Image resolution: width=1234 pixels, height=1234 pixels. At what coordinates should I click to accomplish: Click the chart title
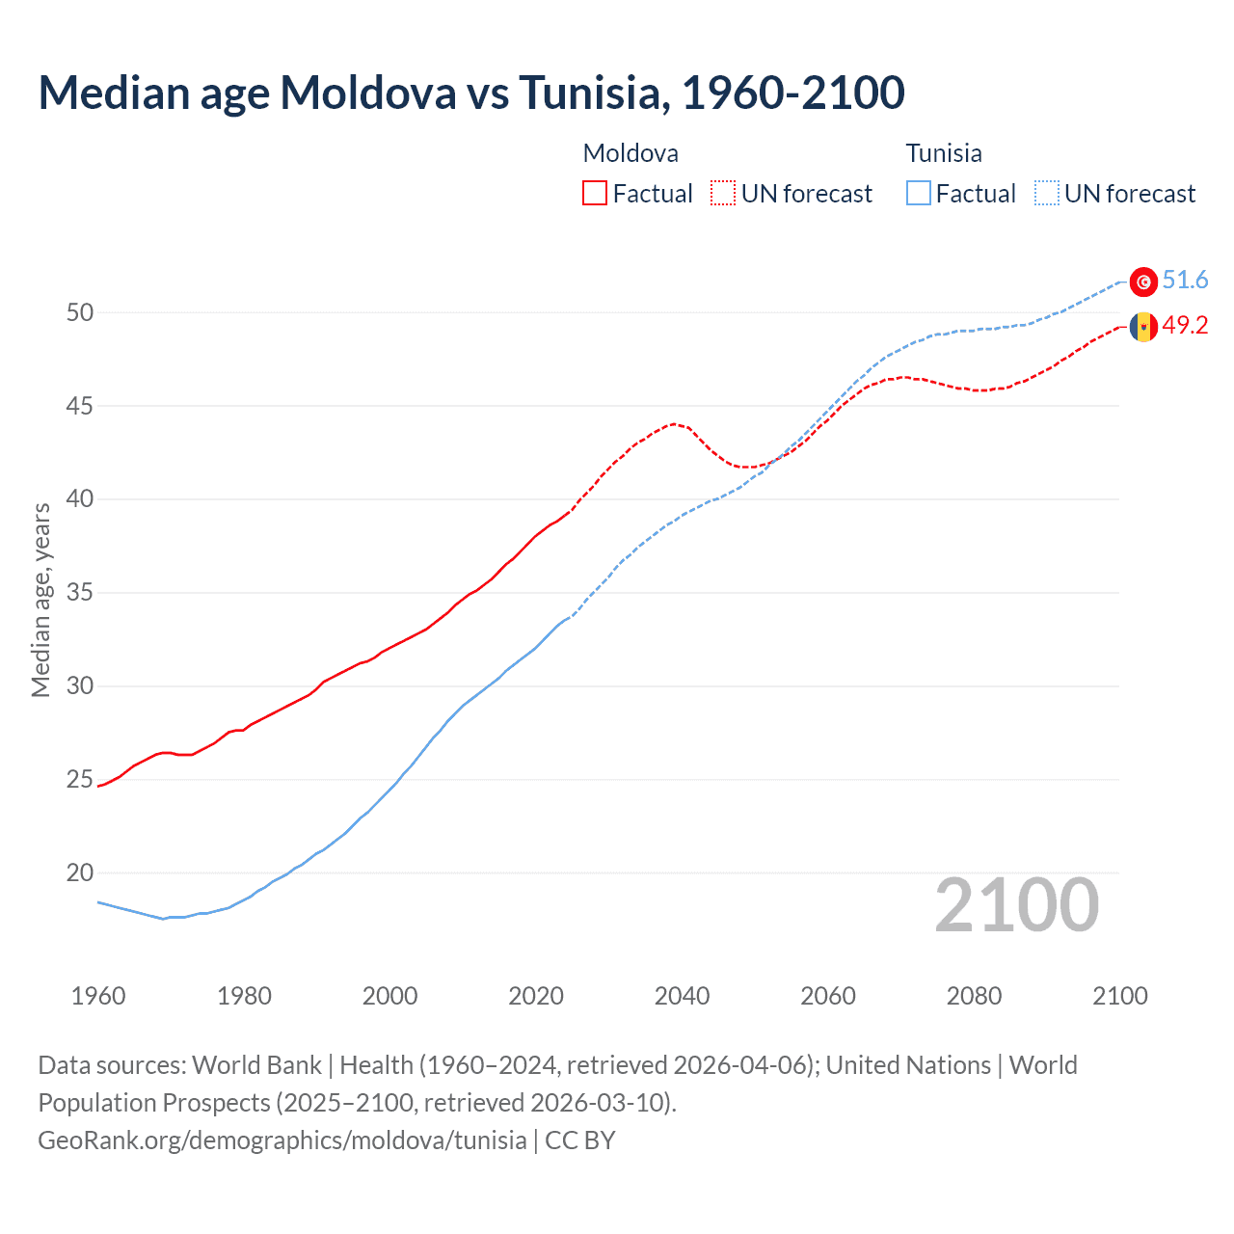(471, 93)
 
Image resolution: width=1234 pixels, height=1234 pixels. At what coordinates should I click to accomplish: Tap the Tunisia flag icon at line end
(1143, 282)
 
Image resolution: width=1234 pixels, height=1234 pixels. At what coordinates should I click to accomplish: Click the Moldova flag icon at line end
(1143, 327)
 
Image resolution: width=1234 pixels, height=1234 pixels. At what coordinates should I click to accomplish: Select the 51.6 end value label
(1185, 281)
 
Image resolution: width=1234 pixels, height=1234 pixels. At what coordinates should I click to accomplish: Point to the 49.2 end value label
(1185, 326)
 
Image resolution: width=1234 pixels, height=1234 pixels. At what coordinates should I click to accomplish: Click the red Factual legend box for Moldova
(595, 194)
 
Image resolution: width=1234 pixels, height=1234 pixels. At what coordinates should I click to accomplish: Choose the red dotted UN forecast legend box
(723, 194)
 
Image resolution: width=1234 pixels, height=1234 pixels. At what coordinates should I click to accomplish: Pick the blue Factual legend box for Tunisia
(919, 194)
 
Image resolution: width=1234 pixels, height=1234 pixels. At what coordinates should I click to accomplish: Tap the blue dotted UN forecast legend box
(1047, 194)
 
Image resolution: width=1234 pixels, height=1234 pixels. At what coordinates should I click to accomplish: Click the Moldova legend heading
(630, 153)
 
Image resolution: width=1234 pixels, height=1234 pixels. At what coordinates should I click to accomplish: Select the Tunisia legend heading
(944, 153)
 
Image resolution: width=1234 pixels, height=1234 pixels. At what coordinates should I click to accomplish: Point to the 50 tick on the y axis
(80, 312)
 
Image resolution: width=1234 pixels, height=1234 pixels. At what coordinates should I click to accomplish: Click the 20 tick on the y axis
(80, 872)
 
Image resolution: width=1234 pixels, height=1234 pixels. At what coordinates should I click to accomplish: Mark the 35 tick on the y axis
(80, 592)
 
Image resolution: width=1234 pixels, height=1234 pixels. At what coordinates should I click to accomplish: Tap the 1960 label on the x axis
(98, 996)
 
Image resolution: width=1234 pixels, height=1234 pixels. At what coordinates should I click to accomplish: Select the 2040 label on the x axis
(682, 996)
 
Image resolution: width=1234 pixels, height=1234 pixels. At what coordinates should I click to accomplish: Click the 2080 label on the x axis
(974, 996)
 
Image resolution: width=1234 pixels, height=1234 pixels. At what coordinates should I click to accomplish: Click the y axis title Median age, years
(40, 600)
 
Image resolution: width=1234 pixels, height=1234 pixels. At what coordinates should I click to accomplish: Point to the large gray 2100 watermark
(1016, 905)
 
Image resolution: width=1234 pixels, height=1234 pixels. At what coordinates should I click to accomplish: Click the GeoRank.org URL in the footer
(282, 1140)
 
